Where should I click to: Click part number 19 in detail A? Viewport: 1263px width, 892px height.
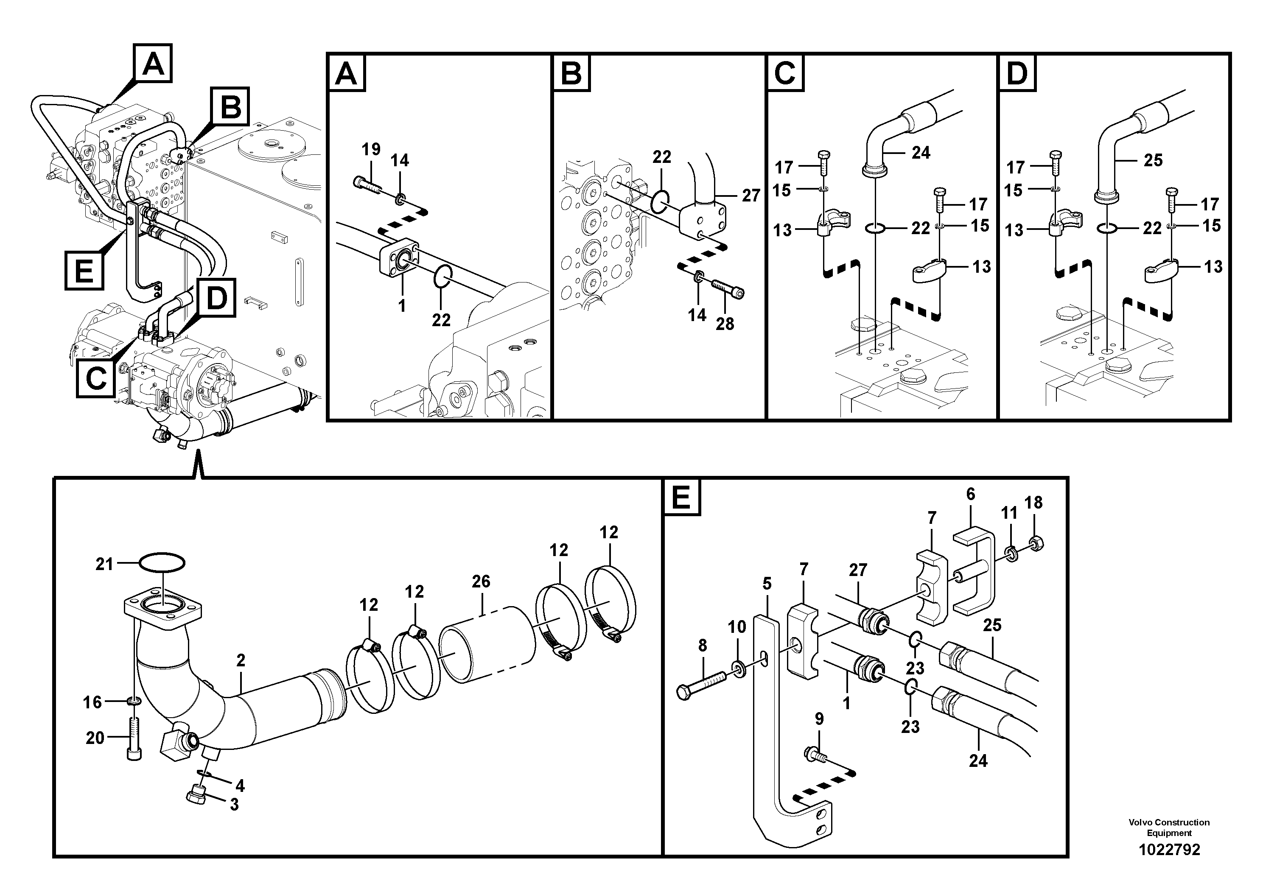coord(371,149)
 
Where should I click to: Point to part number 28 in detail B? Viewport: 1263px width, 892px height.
coord(725,324)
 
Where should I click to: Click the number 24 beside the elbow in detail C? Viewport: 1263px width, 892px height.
coord(921,152)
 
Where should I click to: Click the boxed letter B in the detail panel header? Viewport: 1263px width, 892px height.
coord(571,73)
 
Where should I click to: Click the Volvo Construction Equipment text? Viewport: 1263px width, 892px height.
coord(1169,828)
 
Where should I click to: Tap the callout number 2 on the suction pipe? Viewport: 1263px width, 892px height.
coord(241,660)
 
